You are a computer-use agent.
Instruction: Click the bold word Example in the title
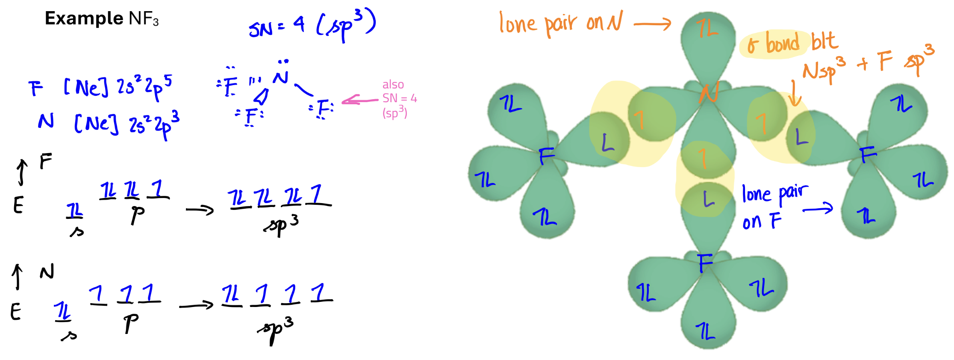coord(84,18)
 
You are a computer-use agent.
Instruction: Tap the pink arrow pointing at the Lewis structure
coord(360,101)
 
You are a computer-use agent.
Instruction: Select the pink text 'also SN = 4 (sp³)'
coord(399,99)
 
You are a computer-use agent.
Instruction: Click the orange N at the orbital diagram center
coord(709,92)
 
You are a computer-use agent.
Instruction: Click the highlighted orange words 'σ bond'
coord(774,44)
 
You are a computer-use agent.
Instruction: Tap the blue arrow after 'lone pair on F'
coord(818,209)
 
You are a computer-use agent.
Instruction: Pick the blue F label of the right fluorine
coord(868,154)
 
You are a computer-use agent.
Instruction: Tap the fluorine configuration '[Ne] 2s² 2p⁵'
coord(118,87)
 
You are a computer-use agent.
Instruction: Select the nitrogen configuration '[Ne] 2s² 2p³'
coord(127,124)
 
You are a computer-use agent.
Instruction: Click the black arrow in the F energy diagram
coord(200,210)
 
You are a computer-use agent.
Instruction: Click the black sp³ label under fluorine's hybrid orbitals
coord(281,225)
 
